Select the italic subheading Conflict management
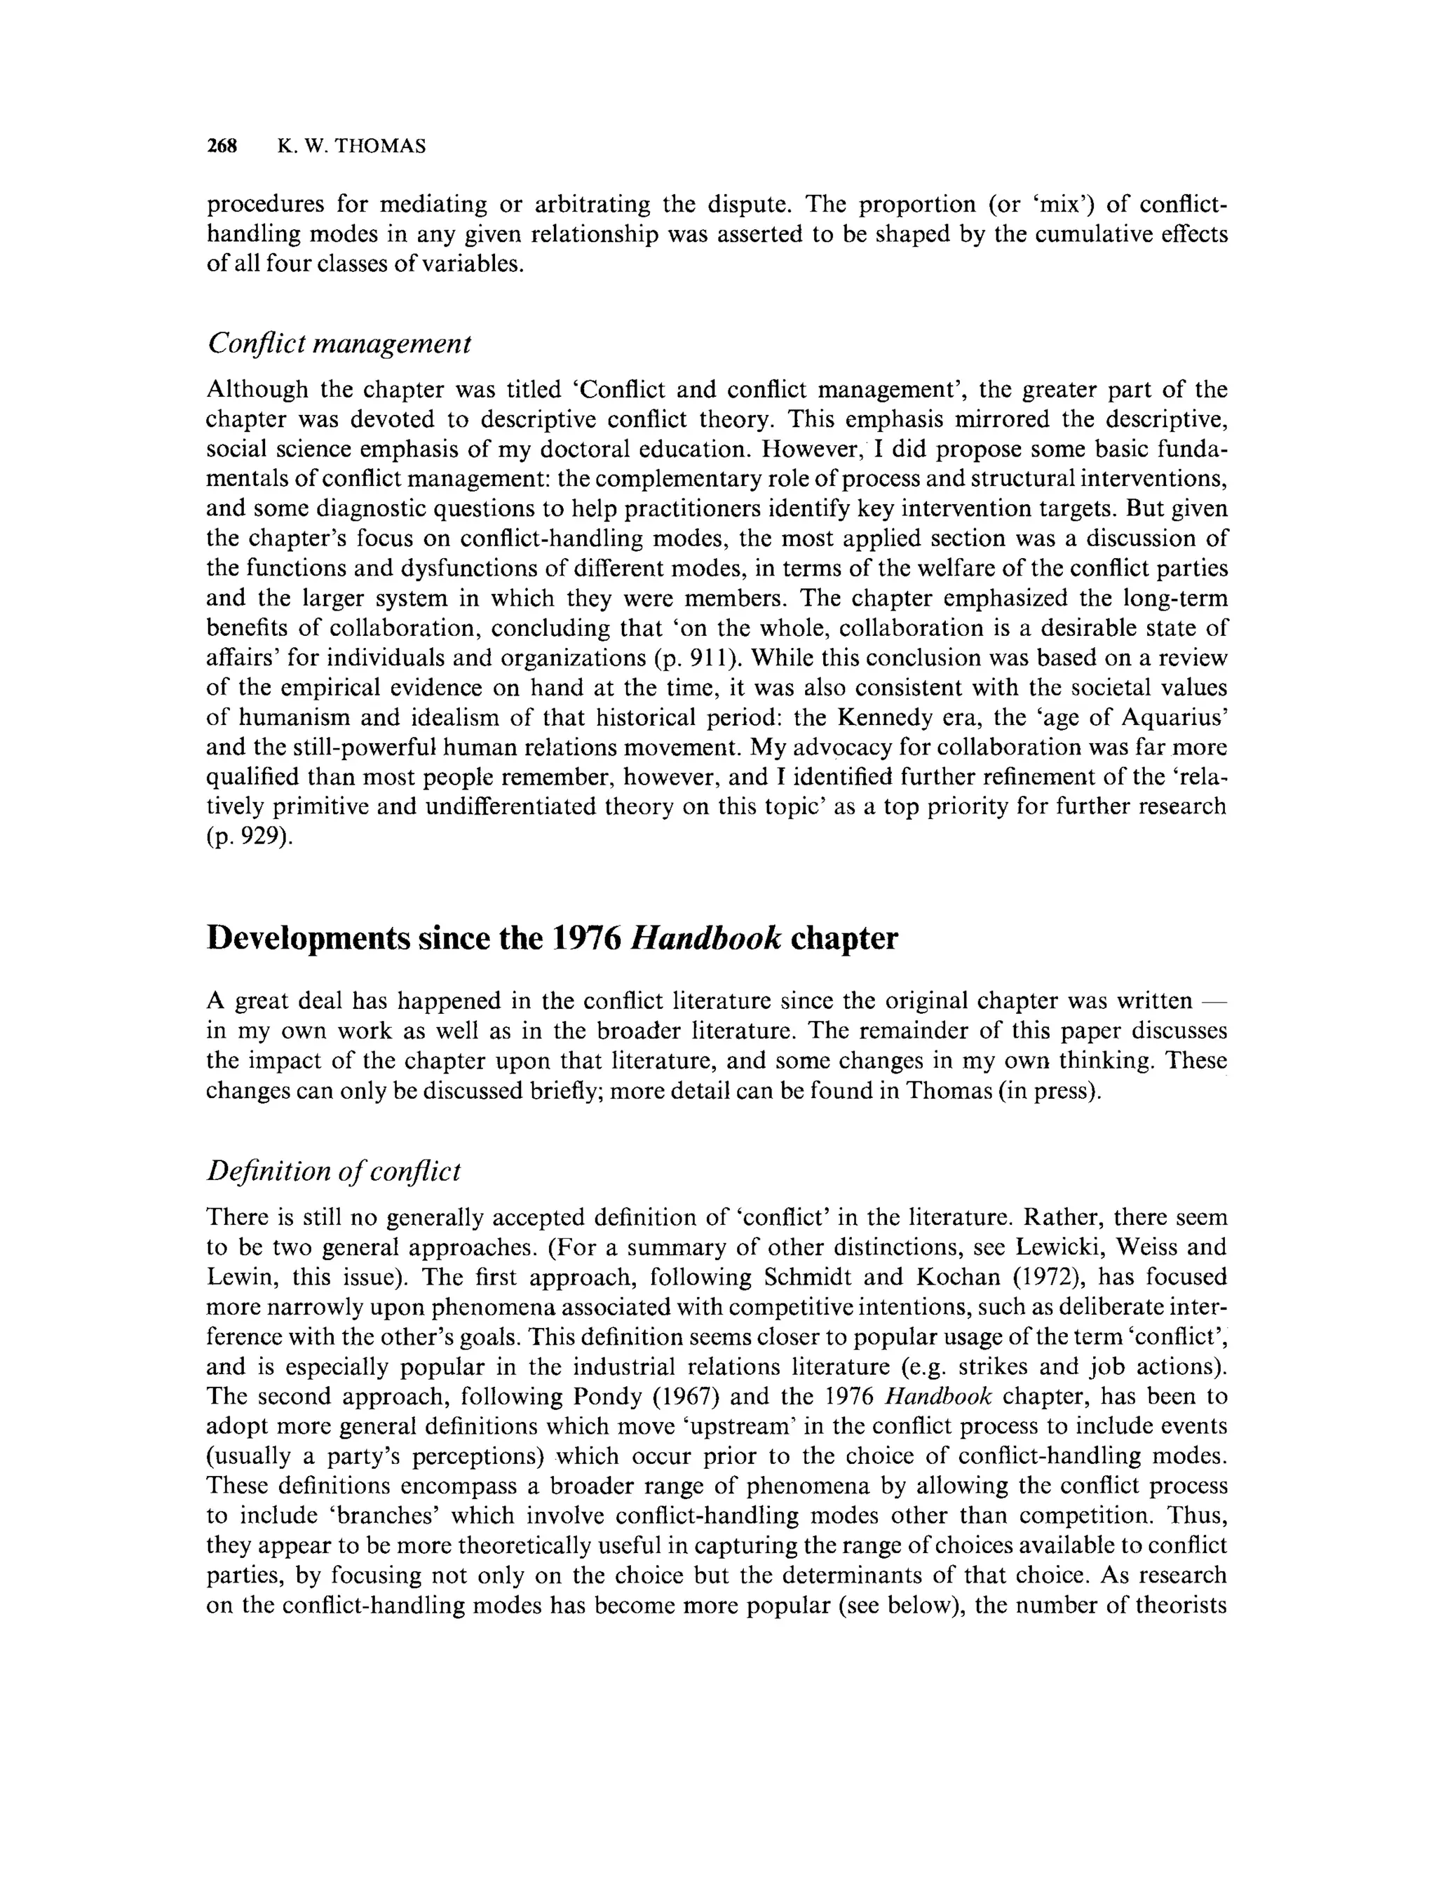click(339, 344)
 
